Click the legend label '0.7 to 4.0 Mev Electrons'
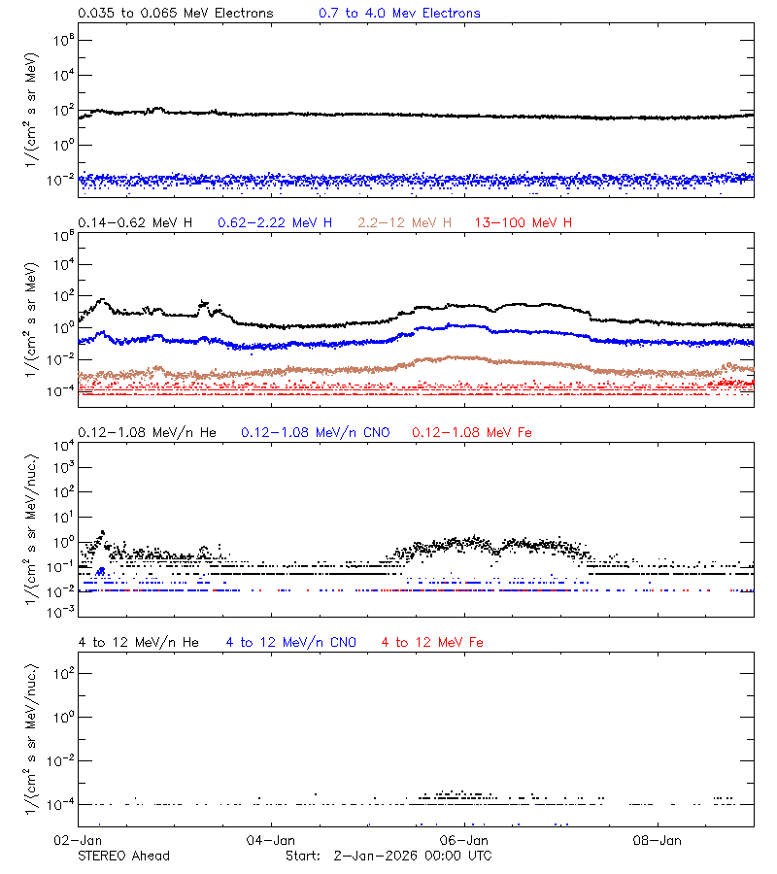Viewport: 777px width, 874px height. [x=399, y=14]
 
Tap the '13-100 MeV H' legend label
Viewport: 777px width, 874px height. [x=524, y=223]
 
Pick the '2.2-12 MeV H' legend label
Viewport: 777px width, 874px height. [x=405, y=223]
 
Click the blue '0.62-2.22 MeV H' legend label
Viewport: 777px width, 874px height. [x=275, y=223]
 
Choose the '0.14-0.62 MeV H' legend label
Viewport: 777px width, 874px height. [x=135, y=223]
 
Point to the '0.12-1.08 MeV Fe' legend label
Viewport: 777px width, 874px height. [x=472, y=432]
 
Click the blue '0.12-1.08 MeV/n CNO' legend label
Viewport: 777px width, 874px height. [x=316, y=432]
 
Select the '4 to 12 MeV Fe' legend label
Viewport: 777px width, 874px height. [x=432, y=643]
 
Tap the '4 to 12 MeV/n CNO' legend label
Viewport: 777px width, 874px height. [x=291, y=643]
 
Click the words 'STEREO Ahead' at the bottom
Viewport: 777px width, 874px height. [x=123, y=856]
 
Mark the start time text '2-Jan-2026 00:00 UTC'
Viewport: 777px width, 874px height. [x=412, y=856]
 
